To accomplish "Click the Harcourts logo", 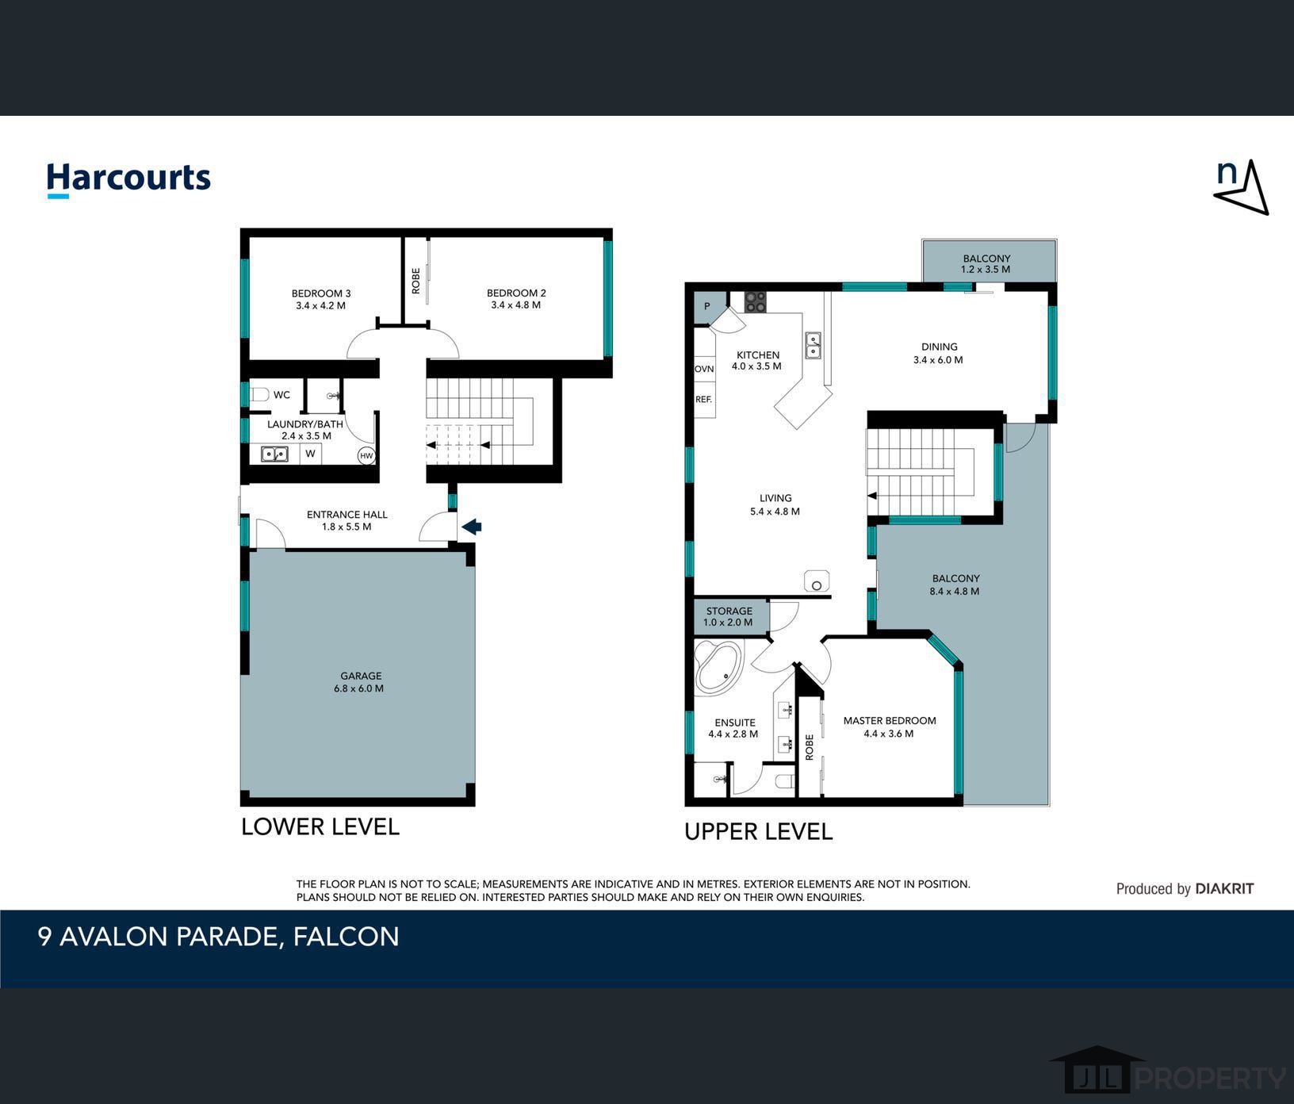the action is [128, 179].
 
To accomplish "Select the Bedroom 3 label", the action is [321, 293].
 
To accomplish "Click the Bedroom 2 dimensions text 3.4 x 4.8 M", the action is [516, 305].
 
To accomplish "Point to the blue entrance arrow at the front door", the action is [472, 526].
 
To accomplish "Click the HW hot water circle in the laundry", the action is [366, 455].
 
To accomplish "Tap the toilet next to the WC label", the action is [260, 394].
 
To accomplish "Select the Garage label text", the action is [361, 676].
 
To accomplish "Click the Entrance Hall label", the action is [347, 515].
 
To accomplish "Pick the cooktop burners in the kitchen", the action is [755, 301].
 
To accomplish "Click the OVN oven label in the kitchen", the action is [704, 370].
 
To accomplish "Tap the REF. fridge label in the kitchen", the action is [703, 400].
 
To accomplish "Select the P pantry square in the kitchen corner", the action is [706, 307].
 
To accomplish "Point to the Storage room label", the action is [729, 611].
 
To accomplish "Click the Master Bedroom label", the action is [890, 721].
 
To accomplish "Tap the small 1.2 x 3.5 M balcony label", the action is [986, 270].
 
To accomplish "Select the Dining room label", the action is [940, 347].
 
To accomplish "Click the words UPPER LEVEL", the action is [758, 832].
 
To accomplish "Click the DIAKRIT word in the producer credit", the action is [1224, 889].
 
